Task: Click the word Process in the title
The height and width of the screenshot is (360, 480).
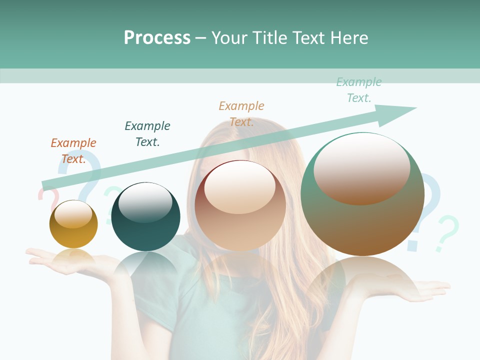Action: point(157,38)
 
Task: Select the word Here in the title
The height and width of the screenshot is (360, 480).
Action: point(348,38)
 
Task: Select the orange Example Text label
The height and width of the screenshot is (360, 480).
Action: point(73,151)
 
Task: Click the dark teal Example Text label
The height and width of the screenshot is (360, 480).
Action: point(147,134)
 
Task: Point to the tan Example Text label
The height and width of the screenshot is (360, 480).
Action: point(241,114)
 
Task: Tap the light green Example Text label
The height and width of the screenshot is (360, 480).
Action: point(359,90)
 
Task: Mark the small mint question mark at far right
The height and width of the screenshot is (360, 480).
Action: point(446,232)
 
